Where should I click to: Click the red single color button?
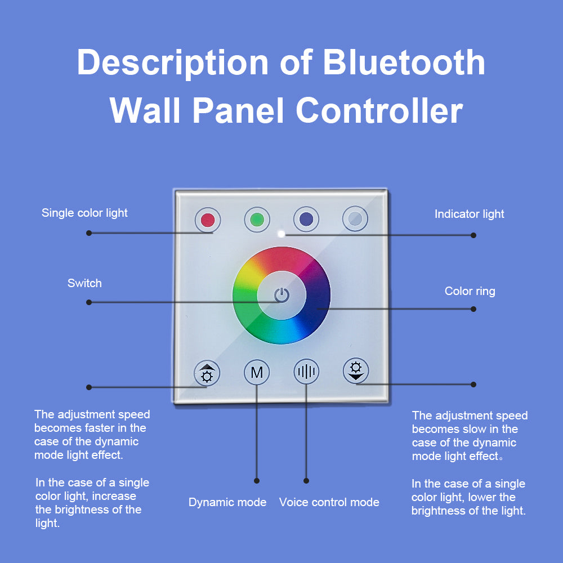[x=208, y=220]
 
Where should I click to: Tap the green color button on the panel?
[x=257, y=220]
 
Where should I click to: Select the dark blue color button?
[x=306, y=220]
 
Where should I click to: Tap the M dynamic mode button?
[x=257, y=372]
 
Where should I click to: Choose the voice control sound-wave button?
[x=306, y=372]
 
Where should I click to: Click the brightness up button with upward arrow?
[x=207, y=373]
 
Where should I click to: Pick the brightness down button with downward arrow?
[x=356, y=370]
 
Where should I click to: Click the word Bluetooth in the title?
[x=404, y=62]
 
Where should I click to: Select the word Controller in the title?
[x=379, y=110]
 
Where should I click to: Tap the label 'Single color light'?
[x=84, y=213]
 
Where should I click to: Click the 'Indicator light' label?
[x=469, y=214]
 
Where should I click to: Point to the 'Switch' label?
[x=84, y=283]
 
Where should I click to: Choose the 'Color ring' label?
[x=470, y=291]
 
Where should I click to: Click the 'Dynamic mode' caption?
[x=227, y=502]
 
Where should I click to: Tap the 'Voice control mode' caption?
[x=329, y=502]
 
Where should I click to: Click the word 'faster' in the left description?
[x=112, y=428]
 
